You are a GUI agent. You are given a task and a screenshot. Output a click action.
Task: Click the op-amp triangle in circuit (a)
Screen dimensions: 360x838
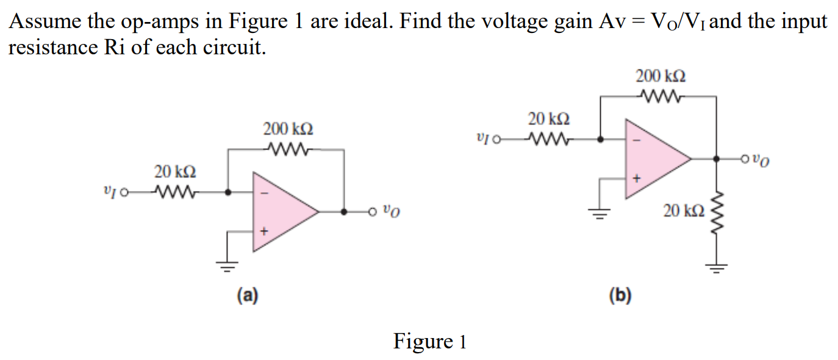281,211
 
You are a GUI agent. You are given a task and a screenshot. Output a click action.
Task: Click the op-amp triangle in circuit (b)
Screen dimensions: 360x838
653,159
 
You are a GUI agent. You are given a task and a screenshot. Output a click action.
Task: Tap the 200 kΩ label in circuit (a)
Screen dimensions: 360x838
288,129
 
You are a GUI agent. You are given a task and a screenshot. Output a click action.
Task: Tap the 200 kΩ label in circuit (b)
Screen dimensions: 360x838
661,77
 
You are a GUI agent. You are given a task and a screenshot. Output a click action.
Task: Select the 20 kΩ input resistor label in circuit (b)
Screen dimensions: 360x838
550,118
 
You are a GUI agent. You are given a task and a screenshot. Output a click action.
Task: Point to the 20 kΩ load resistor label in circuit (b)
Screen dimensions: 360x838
684,211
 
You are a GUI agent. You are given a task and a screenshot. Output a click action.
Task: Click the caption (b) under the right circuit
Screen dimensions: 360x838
620,296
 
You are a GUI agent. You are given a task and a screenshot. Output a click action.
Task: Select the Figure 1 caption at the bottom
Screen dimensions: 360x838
429,340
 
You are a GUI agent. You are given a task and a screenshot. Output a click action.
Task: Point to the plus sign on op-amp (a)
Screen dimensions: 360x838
263,231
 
